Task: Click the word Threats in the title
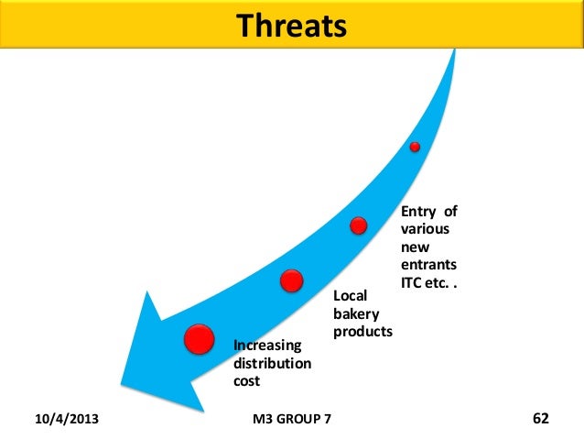[x=292, y=27]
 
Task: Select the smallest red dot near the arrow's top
[x=415, y=147]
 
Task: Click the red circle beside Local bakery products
[x=292, y=280]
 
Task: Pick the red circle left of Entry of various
[x=359, y=225]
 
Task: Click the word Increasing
[x=267, y=346]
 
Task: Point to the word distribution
[x=273, y=363]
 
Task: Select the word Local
[x=349, y=296]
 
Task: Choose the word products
[x=362, y=332]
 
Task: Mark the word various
[x=424, y=230]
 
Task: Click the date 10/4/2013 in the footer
[x=68, y=419]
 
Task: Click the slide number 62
[x=540, y=419]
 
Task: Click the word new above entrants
[x=413, y=248]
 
